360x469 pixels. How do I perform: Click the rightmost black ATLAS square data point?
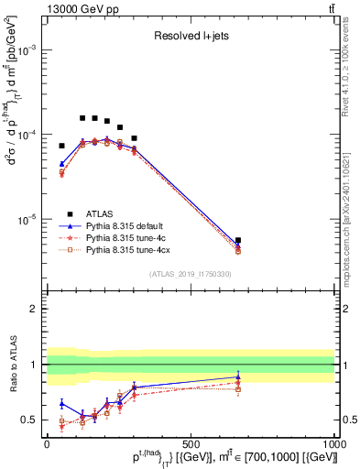point(238,240)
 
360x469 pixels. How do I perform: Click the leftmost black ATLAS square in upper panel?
point(62,146)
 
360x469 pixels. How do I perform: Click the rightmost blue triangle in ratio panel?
point(238,376)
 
